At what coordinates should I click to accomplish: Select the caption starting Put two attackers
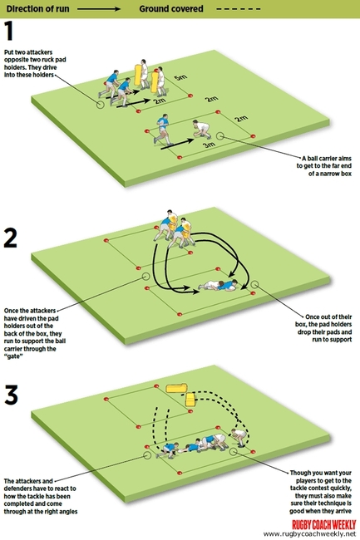click(37, 61)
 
